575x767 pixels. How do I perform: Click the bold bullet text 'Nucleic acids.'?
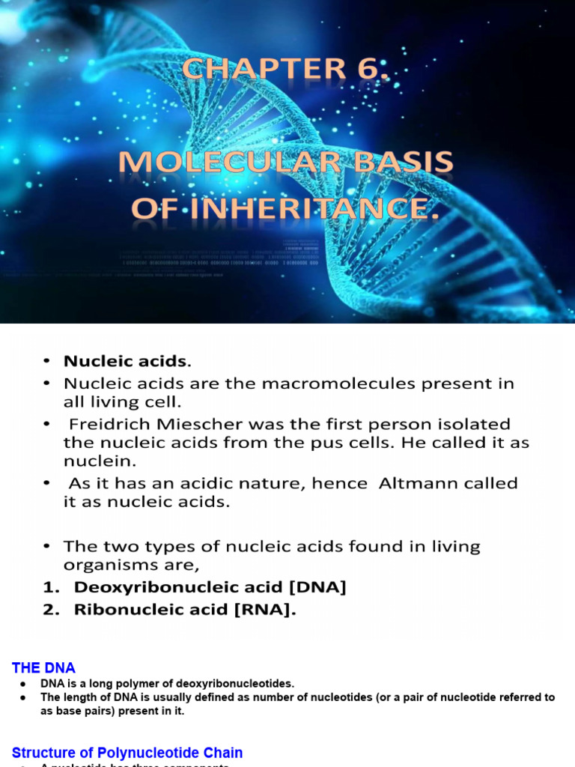click(x=127, y=361)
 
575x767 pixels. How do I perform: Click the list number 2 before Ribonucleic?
click(x=49, y=610)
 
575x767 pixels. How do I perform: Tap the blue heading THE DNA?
click(x=43, y=667)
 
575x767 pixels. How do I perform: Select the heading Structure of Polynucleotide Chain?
click(x=127, y=752)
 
